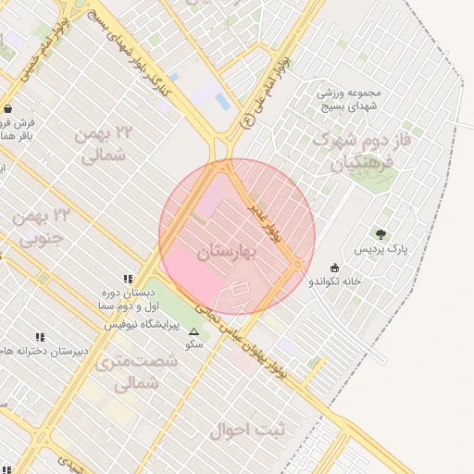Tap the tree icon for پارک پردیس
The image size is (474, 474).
point(380,235)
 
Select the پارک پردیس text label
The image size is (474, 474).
point(380,250)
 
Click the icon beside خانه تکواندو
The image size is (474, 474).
point(334,268)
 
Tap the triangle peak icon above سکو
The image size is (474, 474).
point(193,331)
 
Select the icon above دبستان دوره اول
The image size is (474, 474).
point(128,279)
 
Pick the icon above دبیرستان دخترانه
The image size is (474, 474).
point(39,337)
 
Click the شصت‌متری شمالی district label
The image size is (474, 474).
point(138,371)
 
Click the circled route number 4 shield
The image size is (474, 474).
point(246,120)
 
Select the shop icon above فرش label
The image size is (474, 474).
point(7,108)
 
